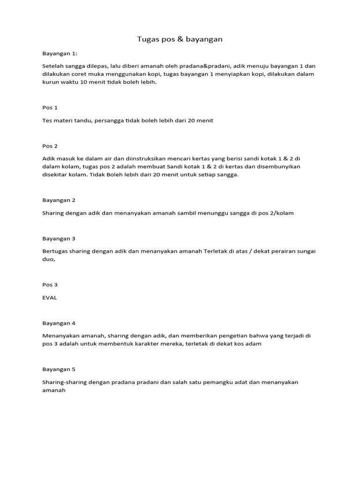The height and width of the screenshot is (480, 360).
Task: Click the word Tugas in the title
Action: [147, 39]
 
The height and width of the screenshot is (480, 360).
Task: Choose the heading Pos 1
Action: [50, 107]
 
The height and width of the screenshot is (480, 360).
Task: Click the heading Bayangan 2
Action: [59, 200]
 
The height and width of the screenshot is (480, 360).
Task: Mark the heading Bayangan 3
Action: [59, 239]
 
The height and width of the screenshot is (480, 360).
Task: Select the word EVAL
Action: [49, 298]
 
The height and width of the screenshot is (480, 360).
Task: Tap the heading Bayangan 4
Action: [59, 323]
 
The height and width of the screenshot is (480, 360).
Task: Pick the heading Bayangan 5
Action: [59, 369]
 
